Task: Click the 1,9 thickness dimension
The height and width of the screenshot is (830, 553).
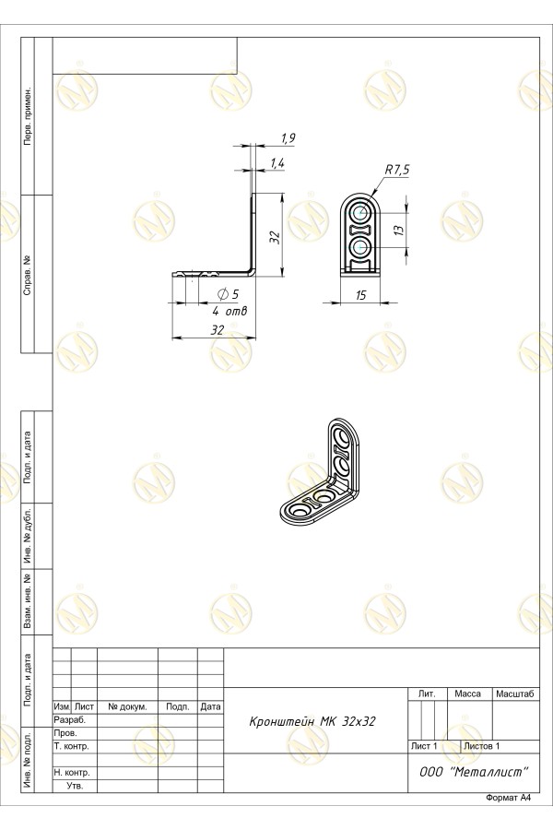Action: pyautogui.click(x=288, y=138)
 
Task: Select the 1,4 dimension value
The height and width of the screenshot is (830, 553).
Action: pyautogui.click(x=277, y=163)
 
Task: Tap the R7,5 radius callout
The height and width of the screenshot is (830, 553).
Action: pyautogui.click(x=397, y=170)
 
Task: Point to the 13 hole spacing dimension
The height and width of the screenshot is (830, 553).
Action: pyautogui.click(x=399, y=230)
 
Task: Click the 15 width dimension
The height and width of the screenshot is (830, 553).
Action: pyautogui.click(x=361, y=295)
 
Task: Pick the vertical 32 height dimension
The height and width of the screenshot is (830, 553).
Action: pyautogui.click(x=275, y=237)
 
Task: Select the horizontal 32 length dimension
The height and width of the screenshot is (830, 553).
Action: pyautogui.click(x=218, y=330)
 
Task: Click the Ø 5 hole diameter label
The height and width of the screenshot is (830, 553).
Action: pyautogui.click(x=228, y=294)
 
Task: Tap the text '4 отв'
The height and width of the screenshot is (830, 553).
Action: pyautogui.click(x=229, y=312)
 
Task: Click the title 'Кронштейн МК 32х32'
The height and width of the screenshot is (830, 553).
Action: pyautogui.click(x=312, y=721)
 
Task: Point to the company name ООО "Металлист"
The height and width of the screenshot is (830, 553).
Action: pyautogui.click(x=474, y=772)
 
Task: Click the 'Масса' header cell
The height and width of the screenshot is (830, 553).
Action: pyautogui.click(x=468, y=694)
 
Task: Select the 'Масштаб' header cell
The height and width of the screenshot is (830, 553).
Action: pyautogui.click(x=515, y=694)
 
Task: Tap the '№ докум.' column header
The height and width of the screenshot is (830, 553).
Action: pyautogui.click(x=127, y=706)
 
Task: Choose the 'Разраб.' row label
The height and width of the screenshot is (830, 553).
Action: pyautogui.click(x=69, y=720)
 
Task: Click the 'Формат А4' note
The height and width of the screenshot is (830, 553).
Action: pyautogui.click(x=508, y=799)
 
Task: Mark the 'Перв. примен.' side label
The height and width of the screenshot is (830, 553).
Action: pyautogui.click(x=28, y=116)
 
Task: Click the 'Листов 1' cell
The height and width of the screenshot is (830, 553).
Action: pyautogui.click(x=481, y=746)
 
